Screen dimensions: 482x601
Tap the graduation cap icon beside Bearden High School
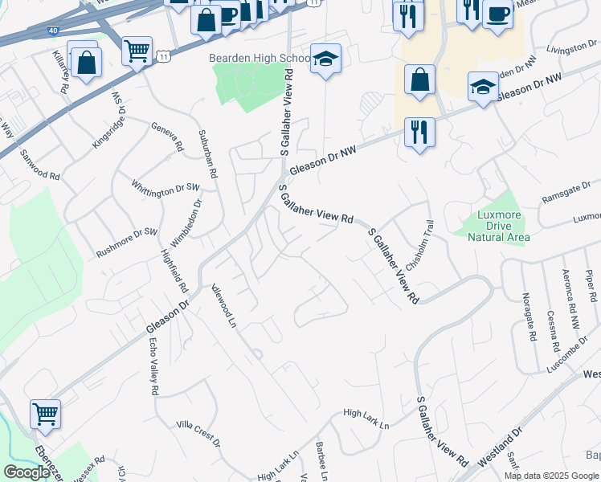point(325,59)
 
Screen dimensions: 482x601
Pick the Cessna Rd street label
point(552,332)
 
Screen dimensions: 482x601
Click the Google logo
point(26,472)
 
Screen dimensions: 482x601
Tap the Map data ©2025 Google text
point(551,476)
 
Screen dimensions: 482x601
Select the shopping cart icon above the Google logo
point(45,414)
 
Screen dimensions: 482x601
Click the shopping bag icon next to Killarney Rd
point(84,60)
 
